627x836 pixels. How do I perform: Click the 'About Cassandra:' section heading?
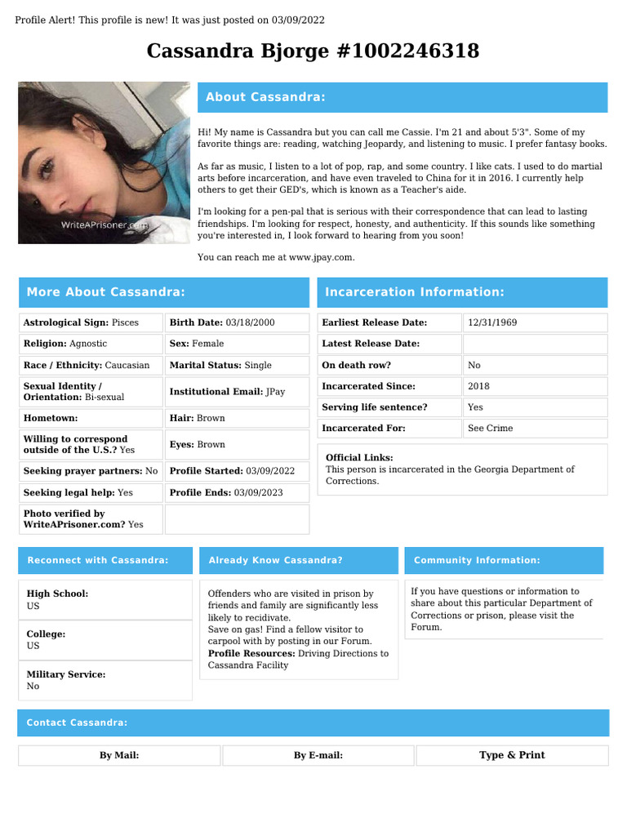point(265,97)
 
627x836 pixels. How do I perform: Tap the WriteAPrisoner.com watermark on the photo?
point(105,224)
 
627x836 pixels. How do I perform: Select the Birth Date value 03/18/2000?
point(251,322)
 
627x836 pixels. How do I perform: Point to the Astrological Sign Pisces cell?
point(91,322)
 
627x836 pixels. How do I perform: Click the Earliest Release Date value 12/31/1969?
point(491,322)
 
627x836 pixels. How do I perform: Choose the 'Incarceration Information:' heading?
point(414,292)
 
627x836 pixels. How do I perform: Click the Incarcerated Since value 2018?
point(478,386)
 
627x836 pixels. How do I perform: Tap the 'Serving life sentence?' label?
point(374,407)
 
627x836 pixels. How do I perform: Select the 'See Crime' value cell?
point(490,429)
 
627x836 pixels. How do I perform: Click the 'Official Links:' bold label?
point(359,458)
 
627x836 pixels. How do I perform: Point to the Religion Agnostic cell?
point(91,344)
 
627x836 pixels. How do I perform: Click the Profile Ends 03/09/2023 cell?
point(237,493)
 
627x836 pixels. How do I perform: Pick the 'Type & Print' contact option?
point(512,755)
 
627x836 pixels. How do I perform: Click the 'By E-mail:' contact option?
point(318,755)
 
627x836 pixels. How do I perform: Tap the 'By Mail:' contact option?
point(119,755)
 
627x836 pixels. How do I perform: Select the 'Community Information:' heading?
point(477,560)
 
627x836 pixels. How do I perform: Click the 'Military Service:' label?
point(66,674)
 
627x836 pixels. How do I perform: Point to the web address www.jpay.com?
point(321,257)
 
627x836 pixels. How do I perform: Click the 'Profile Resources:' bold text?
point(251,653)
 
